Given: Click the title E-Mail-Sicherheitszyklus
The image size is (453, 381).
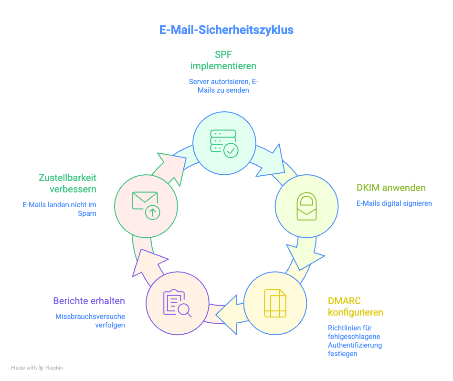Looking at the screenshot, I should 226,30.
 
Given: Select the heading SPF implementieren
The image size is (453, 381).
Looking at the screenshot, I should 223,60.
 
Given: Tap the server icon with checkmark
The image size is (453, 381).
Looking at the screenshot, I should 223,142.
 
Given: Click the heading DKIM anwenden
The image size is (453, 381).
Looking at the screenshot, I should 391,188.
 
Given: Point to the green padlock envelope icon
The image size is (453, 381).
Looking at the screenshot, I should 306,206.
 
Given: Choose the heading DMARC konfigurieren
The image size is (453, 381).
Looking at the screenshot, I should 356,307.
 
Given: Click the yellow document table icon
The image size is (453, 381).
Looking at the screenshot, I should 274,303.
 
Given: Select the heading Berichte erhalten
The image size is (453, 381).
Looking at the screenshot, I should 89,301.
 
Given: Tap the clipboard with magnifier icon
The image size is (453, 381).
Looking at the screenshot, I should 177,303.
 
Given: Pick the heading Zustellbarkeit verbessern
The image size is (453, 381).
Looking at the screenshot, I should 67,183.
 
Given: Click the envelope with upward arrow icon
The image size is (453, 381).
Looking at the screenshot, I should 145,205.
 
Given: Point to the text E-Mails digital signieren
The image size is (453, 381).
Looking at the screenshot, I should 394,203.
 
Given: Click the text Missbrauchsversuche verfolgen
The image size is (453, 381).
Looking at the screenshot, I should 90,320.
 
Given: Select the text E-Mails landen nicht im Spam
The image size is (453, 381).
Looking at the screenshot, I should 60,209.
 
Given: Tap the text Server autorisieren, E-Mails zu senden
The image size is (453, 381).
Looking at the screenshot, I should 223,86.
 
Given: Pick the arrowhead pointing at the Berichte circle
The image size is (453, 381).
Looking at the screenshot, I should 228,314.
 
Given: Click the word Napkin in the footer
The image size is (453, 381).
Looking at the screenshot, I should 54,368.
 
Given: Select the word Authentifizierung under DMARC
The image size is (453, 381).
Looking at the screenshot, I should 355,345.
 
